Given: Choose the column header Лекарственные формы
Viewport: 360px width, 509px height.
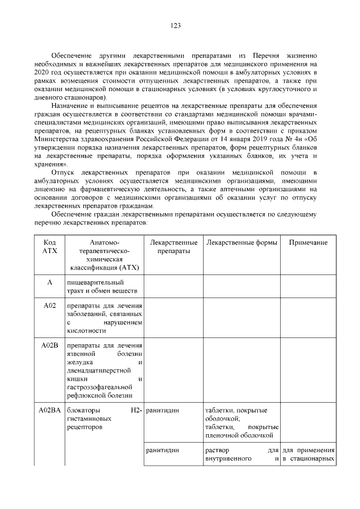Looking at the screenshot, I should [x=241, y=242].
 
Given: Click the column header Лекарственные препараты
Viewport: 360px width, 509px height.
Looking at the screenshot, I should [x=173, y=246].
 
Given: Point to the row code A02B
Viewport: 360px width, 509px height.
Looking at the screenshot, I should [x=49, y=345].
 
